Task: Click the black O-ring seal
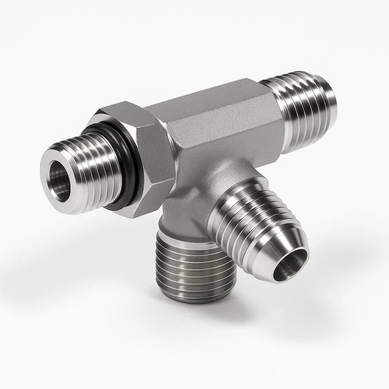click(x=127, y=170)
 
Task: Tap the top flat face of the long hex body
click(x=204, y=102)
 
